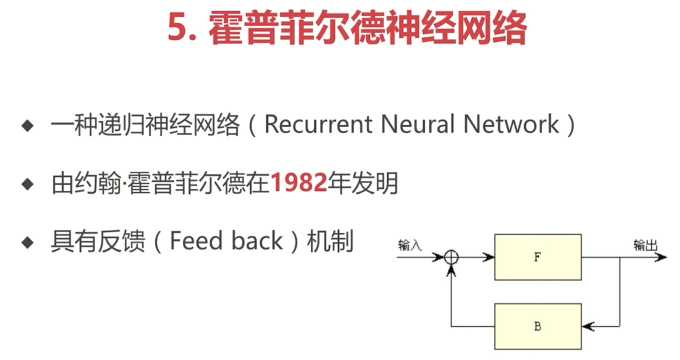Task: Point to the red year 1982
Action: coord(299,183)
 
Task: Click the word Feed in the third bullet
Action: coord(196,241)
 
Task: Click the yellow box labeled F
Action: coord(538,257)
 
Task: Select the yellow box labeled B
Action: coord(538,327)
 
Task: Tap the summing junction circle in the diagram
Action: coord(451,257)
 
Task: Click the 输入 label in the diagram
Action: coord(410,245)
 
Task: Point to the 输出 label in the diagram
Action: coord(645,245)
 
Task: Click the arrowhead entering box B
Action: coord(588,327)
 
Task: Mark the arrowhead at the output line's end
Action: coord(661,257)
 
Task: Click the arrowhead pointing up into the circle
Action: coord(451,270)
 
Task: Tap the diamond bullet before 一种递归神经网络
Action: coord(28,126)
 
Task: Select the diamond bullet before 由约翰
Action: coord(28,184)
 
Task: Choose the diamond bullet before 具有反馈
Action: coord(28,243)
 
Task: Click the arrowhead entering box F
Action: coord(488,257)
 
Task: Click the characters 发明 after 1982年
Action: coord(375,183)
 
